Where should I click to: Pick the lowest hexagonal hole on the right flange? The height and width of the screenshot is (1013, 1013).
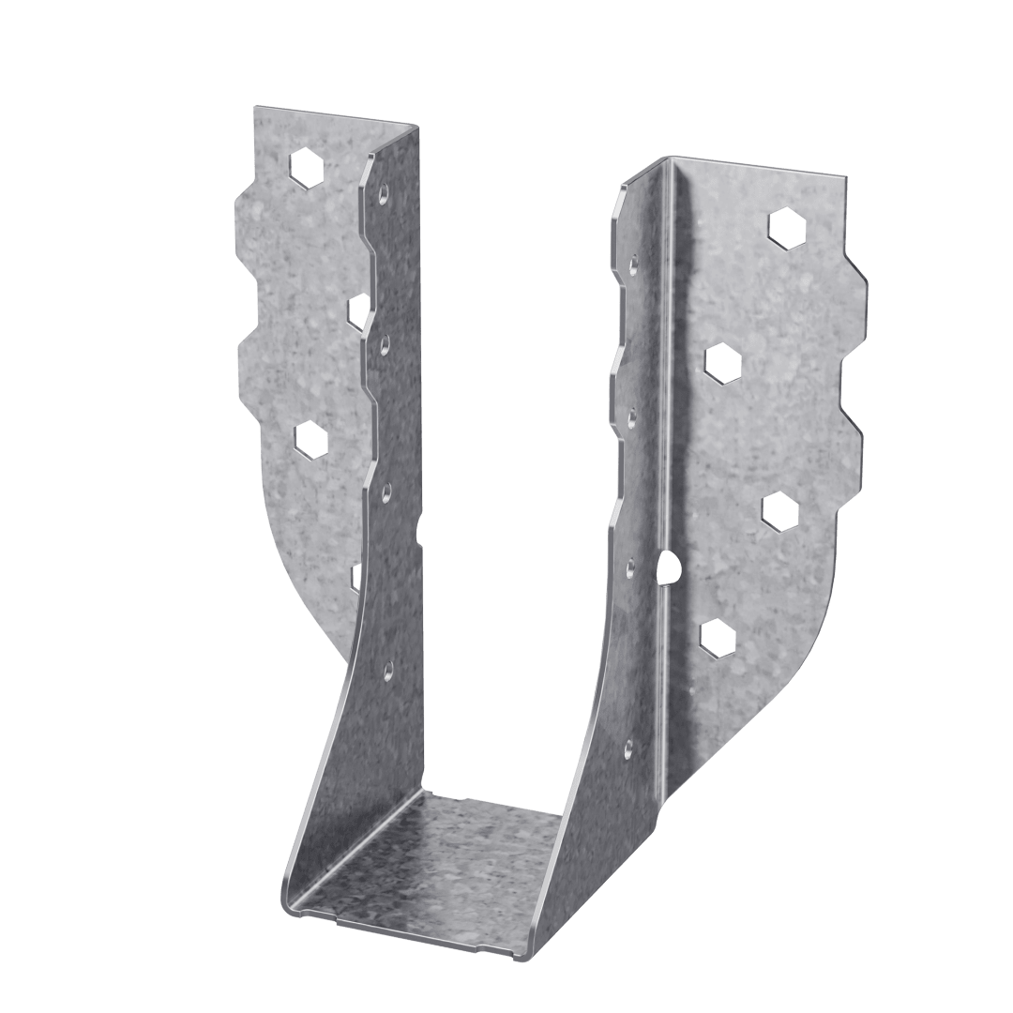point(716,637)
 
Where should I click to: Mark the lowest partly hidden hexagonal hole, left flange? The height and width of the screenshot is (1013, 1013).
point(355,576)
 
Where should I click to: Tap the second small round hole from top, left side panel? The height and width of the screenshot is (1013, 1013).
point(386,341)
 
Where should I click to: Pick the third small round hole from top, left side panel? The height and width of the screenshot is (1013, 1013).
point(386,488)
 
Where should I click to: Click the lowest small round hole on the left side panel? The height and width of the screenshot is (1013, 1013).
point(386,669)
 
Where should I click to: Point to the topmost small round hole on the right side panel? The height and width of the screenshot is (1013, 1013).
point(635,261)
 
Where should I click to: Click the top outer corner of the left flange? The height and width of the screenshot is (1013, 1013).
point(254,108)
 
